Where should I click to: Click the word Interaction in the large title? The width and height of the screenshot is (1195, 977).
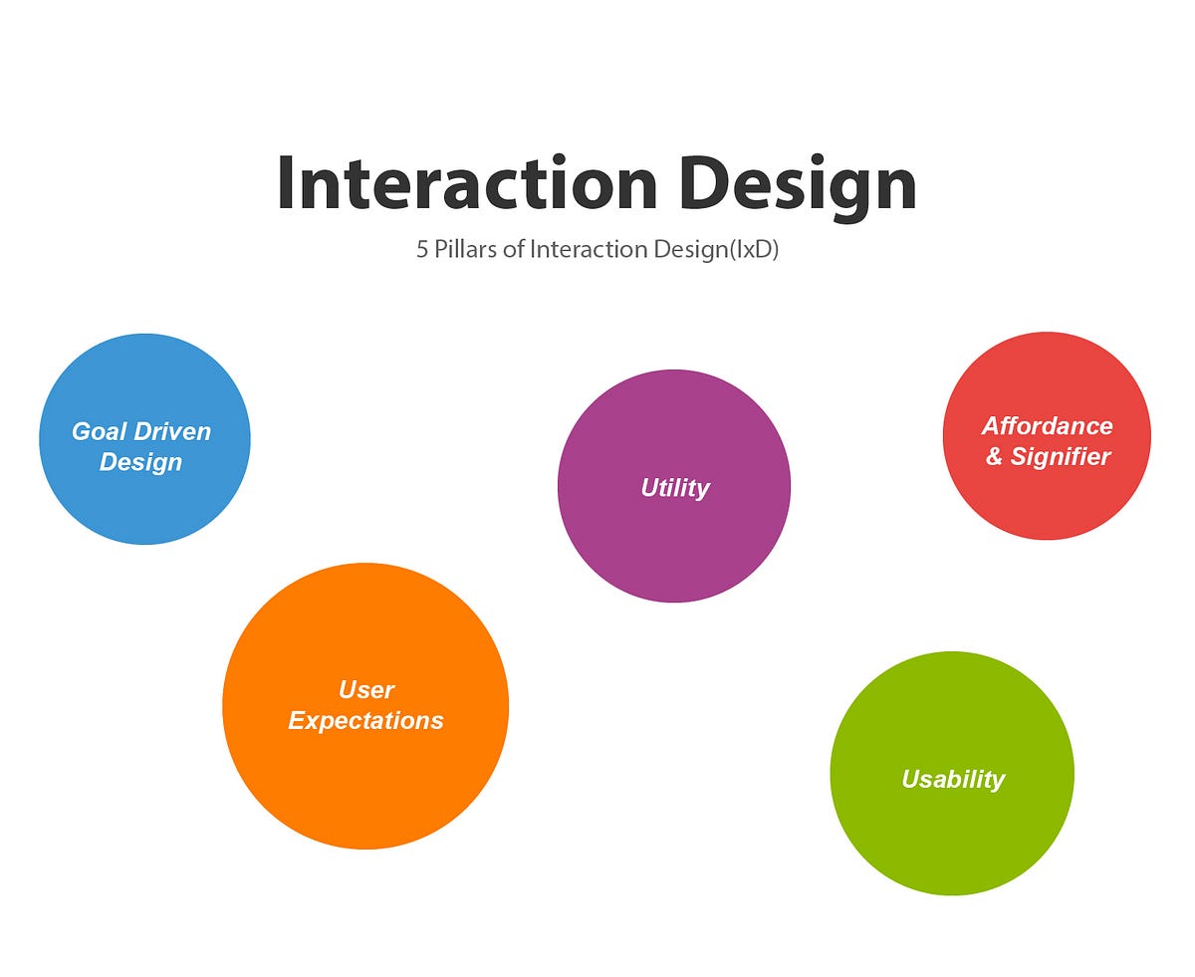point(466,185)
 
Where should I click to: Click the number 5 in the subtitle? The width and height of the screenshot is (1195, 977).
point(422,249)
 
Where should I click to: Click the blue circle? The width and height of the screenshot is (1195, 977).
point(144,498)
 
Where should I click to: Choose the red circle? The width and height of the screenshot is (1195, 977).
point(1047,498)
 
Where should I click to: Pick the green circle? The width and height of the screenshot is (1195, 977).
point(952,837)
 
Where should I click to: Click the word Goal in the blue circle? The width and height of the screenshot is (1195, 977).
point(99,432)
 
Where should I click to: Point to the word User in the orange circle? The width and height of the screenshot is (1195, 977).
point(366,690)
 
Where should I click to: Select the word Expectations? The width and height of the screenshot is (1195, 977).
point(365,721)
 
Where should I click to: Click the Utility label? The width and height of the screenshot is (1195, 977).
point(675,488)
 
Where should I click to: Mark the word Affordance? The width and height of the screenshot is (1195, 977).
point(1048,426)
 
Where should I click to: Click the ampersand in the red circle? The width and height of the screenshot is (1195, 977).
point(994,457)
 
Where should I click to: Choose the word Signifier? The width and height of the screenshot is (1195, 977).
point(1061,457)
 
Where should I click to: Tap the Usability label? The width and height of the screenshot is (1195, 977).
point(953,779)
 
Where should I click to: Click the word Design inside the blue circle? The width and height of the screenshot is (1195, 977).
point(140,462)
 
